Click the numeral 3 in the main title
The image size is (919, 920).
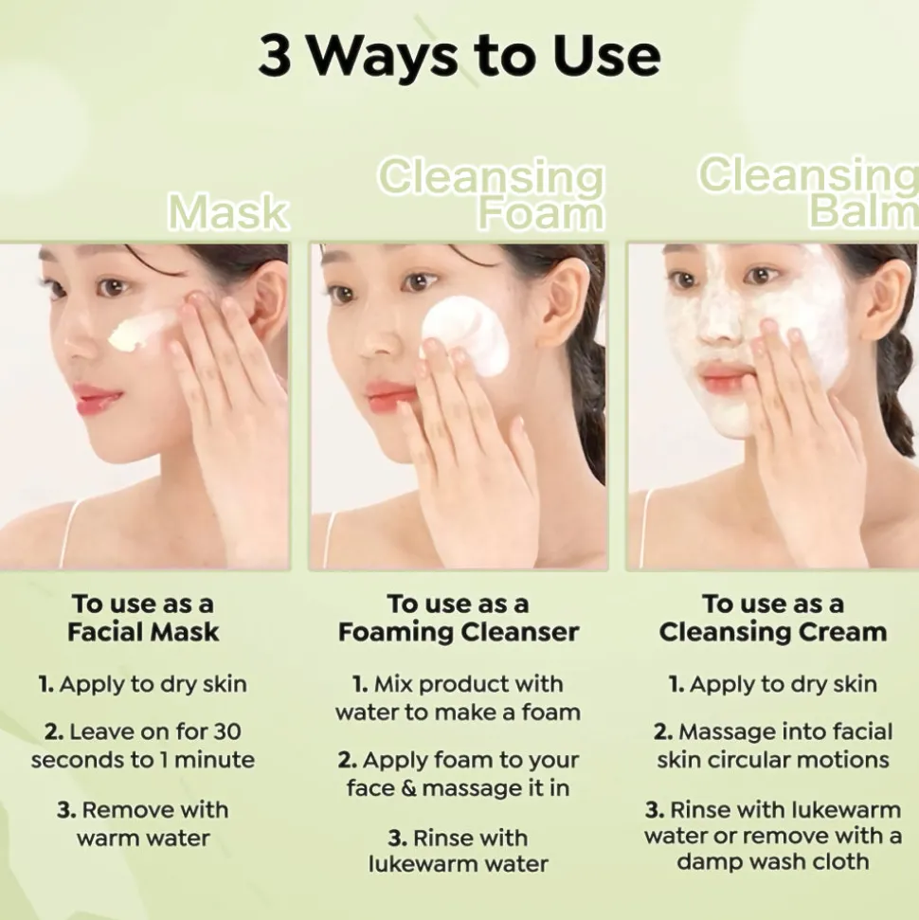click(275, 57)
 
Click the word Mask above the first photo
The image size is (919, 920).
click(228, 212)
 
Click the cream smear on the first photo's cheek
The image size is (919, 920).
click(141, 332)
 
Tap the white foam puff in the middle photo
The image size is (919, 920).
click(465, 334)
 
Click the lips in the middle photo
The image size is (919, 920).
click(388, 392)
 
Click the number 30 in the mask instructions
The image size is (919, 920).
click(226, 731)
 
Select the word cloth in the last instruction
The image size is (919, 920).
click(839, 861)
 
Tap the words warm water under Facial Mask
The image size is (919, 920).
click(143, 839)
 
